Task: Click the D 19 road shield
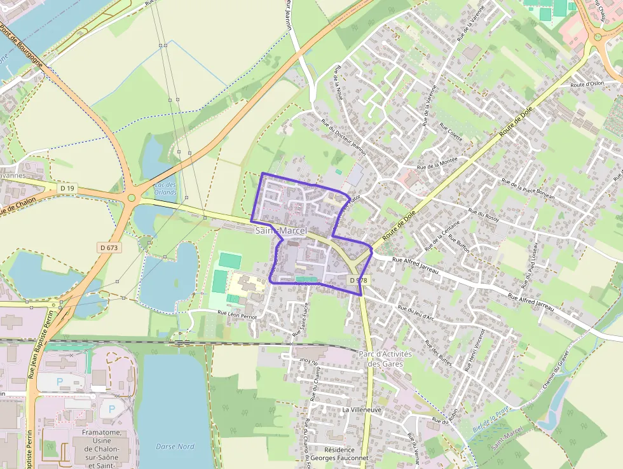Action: [x=67, y=188]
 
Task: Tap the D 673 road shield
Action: [x=109, y=247]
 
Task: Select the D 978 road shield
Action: [x=358, y=281]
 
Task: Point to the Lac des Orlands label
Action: [x=165, y=188]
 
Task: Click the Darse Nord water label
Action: [x=175, y=446]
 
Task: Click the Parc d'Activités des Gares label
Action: [x=385, y=359]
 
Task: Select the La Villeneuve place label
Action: [x=362, y=410]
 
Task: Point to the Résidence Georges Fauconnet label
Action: [x=339, y=454]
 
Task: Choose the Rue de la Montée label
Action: [x=437, y=162]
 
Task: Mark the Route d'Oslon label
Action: [x=587, y=84]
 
